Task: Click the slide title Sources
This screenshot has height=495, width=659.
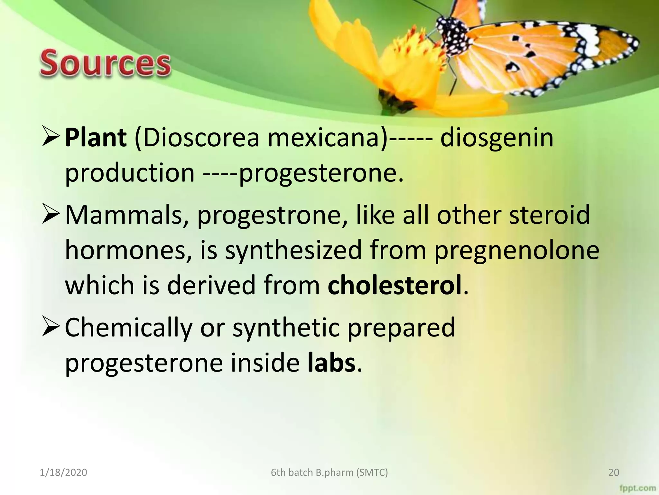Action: (x=105, y=63)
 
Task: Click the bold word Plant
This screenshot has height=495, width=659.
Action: (x=96, y=138)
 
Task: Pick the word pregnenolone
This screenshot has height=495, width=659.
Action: (x=517, y=251)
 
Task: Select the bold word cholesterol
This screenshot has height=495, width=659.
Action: (x=394, y=285)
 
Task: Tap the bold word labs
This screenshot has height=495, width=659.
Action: (x=331, y=363)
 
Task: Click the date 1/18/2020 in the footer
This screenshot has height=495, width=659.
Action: (x=63, y=472)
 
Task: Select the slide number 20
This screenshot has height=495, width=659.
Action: (x=614, y=472)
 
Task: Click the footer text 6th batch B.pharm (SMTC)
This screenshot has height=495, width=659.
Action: (x=329, y=472)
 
